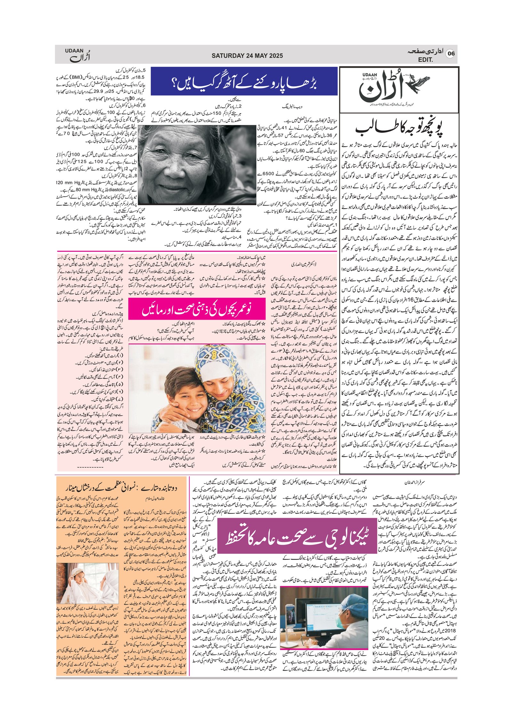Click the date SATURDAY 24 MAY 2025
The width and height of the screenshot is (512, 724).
[x=247, y=56]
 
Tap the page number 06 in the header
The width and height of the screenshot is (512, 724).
[x=451, y=53]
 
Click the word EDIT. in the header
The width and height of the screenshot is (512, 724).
[x=425, y=60]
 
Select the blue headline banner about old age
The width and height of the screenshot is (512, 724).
[x=244, y=81]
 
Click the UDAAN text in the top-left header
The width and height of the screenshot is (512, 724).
[x=74, y=51]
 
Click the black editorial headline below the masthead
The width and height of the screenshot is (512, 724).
[x=399, y=128]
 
